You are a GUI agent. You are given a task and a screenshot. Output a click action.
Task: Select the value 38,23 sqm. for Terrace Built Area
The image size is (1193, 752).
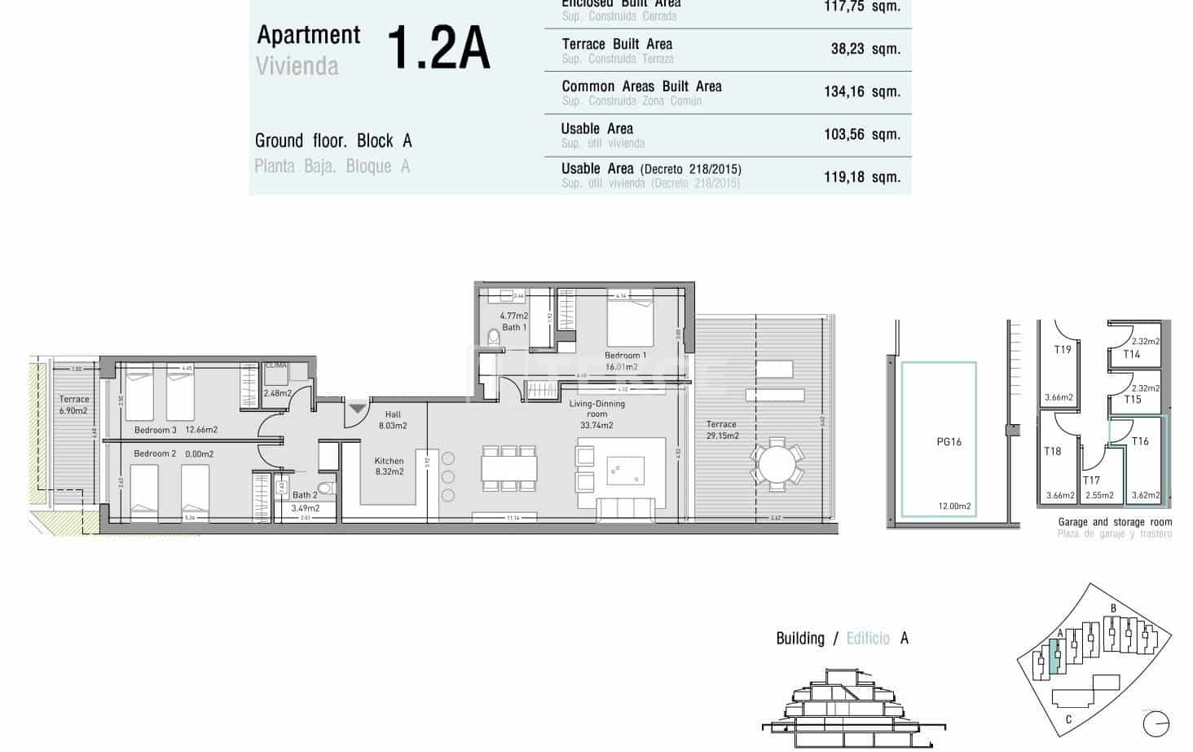coord(865,49)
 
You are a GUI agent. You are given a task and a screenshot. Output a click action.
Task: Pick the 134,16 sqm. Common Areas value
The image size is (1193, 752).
coord(861,91)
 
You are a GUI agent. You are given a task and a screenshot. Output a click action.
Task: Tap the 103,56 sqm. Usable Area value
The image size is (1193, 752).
coord(861,135)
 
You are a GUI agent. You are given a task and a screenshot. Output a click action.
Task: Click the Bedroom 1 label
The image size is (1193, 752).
coord(625,356)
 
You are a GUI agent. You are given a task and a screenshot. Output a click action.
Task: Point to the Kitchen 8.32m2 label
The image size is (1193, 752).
coord(389,466)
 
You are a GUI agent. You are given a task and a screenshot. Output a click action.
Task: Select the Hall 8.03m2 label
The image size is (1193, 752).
coord(393,420)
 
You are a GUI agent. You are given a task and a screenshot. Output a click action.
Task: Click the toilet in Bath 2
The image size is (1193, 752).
coord(326,489)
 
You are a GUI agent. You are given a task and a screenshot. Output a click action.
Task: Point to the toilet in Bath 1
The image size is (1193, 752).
coord(493,337)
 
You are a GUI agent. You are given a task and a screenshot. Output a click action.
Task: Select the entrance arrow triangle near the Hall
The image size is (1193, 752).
coord(358,408)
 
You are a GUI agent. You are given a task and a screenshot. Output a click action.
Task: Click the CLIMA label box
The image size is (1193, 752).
coord(275,366)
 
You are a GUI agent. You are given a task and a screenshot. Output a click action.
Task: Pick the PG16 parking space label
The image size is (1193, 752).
coord(949,442)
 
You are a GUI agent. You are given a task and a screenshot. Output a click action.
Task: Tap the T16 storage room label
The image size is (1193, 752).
coord(1139,441)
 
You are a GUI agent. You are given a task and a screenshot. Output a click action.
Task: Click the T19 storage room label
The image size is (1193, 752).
coord(1062,350)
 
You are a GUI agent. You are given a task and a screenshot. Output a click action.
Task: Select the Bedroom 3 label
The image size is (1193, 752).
coord(155,430)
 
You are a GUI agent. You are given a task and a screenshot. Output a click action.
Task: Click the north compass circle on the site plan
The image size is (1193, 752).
coord(1156,722)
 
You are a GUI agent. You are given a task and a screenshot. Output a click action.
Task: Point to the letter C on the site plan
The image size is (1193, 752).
coord(1068,719)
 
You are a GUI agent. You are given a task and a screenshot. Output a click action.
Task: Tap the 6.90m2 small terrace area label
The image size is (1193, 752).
coord(73,411)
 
